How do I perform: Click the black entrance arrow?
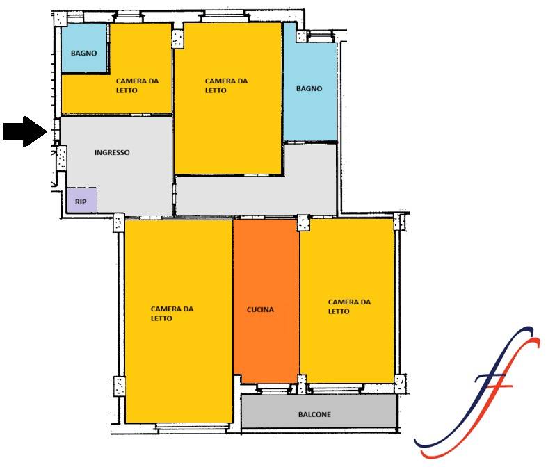tap(24, 131)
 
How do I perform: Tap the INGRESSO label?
tap(112, 153)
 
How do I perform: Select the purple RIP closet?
tap(82, 200)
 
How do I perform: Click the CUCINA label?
tap(260, 309)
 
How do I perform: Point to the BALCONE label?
tap(314, 415)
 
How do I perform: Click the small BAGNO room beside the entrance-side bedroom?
tap(84, 48)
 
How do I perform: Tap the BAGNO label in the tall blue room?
tap(309, 89)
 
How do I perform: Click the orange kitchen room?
tap(266, 301)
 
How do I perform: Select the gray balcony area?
tap(319, 411)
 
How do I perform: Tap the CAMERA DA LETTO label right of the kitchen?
tap(349, 306)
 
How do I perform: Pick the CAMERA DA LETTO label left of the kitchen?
tap(172, 313)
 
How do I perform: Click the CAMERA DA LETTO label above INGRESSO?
tap(137, 85)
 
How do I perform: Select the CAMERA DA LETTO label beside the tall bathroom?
tap(226, 85)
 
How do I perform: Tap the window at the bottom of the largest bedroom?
tap(192, 427)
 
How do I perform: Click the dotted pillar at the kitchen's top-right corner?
tap(303, 223)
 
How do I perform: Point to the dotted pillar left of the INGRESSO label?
tap(62, 158)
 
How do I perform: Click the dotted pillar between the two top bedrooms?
tap(177, 38)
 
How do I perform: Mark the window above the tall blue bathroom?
tap(320, 35)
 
